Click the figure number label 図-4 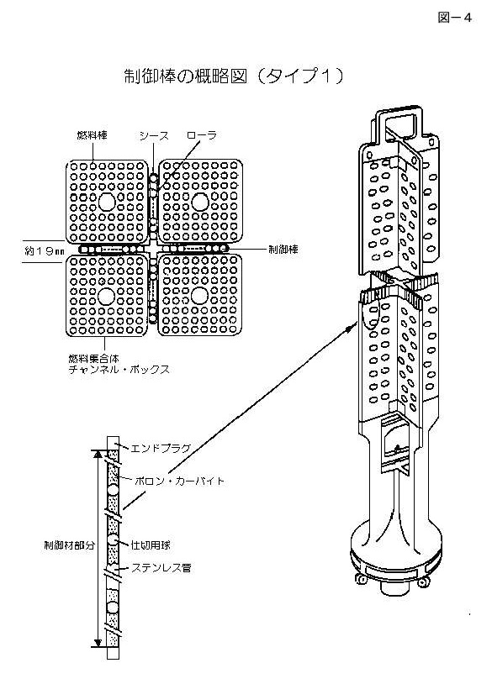coord(454,18)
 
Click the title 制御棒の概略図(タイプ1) coord(234,76)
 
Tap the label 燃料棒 coord(93,135)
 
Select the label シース coord(154,135)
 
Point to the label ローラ coord(202,135)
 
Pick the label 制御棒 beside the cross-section coord(283,250)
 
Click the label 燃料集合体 coord(94,359)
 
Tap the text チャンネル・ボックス coord(119,370)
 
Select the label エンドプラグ coord(161,448)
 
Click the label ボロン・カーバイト coord(179,481)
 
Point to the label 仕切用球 coord(151,545)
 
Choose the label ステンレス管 coord(161,568)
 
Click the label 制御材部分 coord(70,545)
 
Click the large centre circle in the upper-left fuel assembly coord(107,202)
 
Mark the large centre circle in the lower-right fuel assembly coord(199,296)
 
